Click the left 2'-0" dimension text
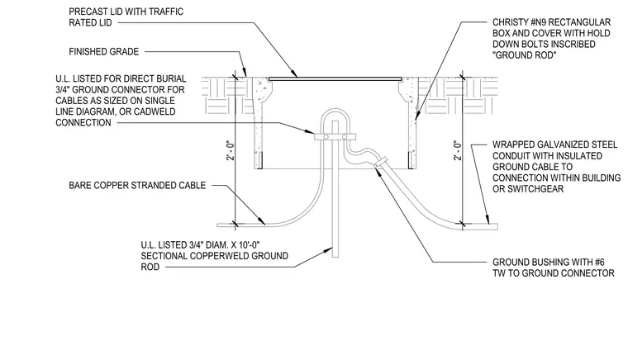[231, 150]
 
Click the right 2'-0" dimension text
[458, 150]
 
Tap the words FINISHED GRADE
[104, 51]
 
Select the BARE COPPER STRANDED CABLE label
[137, 185]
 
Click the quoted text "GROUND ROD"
[524, 55]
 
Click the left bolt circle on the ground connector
[326, 137]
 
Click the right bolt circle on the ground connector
[345, 137]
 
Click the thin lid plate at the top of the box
[335, 78]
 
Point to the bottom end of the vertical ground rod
[335, 257]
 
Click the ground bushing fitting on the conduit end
[380, 162]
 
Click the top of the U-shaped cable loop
[335, 110]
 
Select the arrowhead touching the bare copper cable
[261, 220]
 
